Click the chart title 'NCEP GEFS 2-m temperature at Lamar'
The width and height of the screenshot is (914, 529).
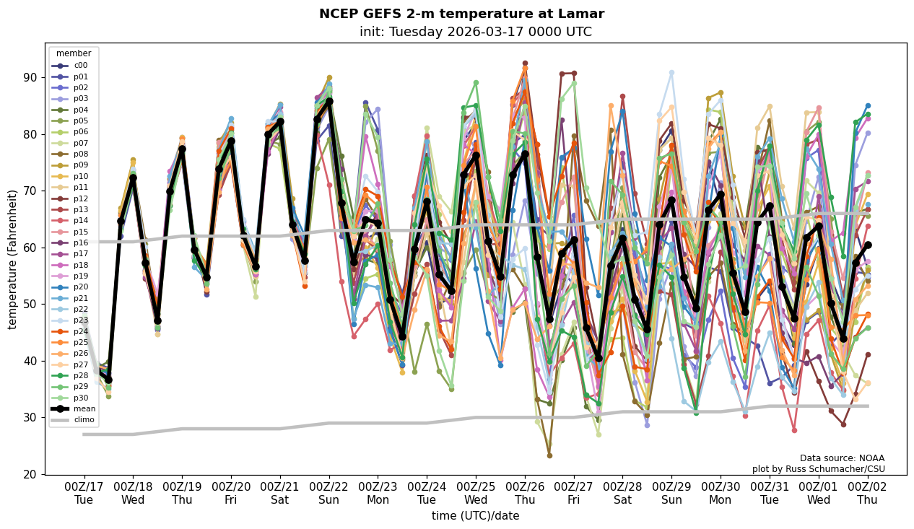click(461, 14)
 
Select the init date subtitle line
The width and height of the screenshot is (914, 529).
click(475, 32)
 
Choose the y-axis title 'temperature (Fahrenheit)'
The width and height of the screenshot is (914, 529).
click(13, 259)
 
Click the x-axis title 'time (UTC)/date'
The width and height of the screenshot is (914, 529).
click(475, 516)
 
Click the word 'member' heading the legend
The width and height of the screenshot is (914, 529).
click(74, 53)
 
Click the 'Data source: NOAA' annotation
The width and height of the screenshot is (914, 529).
click(842, 458)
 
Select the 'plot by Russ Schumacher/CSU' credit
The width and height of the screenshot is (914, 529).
click(818, 469)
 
